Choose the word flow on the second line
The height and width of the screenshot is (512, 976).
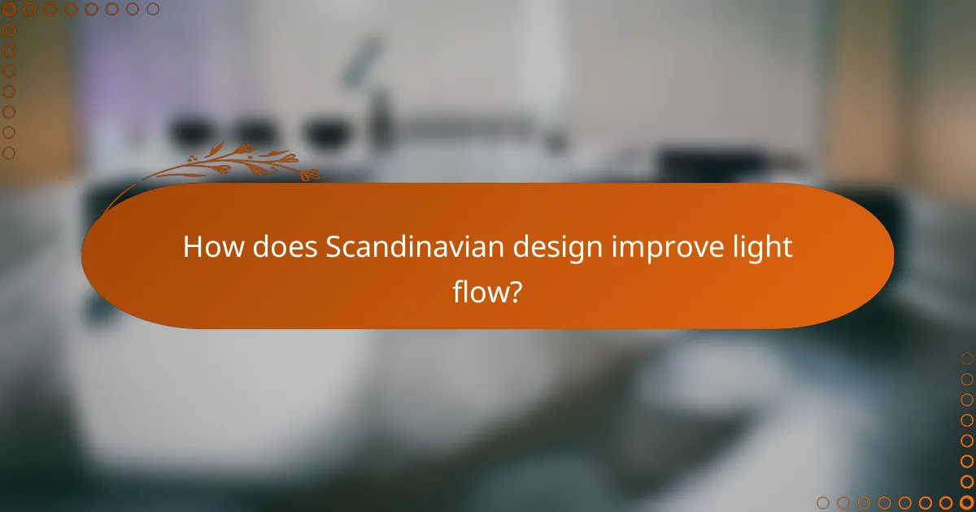pyautogui.click(x=478, y=291)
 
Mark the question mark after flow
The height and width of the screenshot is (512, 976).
pyautogui.click(x=515, y=291)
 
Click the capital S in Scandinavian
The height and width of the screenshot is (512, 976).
pyautogui.click(x=333, y=247)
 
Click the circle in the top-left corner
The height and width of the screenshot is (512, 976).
pyautogui.click(x=9, y=9)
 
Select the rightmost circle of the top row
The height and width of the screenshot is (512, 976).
pyautogui.click(x=153, y=9)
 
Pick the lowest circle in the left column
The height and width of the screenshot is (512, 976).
pyautogui.click(x=9, y=153)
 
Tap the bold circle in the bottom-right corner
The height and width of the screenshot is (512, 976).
pyautogui.click(x=966, y=502)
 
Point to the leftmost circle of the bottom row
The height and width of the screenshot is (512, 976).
pyautogui.click(x=823, y=502)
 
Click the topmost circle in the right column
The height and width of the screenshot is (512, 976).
pyautogui.click(x=966, y=358)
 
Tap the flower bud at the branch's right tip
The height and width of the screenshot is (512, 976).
pyautogui.click(x=311, y=173)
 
